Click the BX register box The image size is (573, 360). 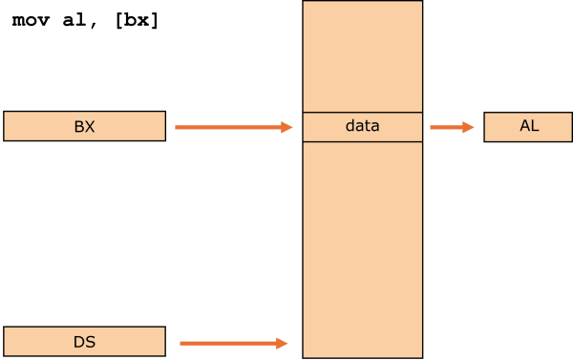(x=84, y=126)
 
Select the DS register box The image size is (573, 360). (x=84, y=342)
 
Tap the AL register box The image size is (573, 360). (x=528, y=126)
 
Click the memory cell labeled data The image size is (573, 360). (x=362, y=127)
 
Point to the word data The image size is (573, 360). (x=362, y=126)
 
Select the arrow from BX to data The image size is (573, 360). (x=229, y=127)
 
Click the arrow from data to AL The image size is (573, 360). (x=449, y=127)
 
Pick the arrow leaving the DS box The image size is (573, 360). (x=229, y=343)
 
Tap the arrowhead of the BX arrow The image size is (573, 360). (x=287, y=127)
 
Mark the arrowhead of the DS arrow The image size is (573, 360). (x=283, y=343)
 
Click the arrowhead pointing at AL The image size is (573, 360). (x=469, y=127)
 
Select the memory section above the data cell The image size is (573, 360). (x=362, y=57)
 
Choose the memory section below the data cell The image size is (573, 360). (x=362, y=248)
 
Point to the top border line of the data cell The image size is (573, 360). (x=362, y=113)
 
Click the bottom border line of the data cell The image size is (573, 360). (x=362, y=141)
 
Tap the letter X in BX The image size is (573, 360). (x=90, y=127)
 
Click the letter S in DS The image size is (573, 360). (x=90, y=342)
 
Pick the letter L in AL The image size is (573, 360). (x=535, y=126)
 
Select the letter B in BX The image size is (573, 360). (x=78, y=127)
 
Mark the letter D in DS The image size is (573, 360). (x=78, y=342)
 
